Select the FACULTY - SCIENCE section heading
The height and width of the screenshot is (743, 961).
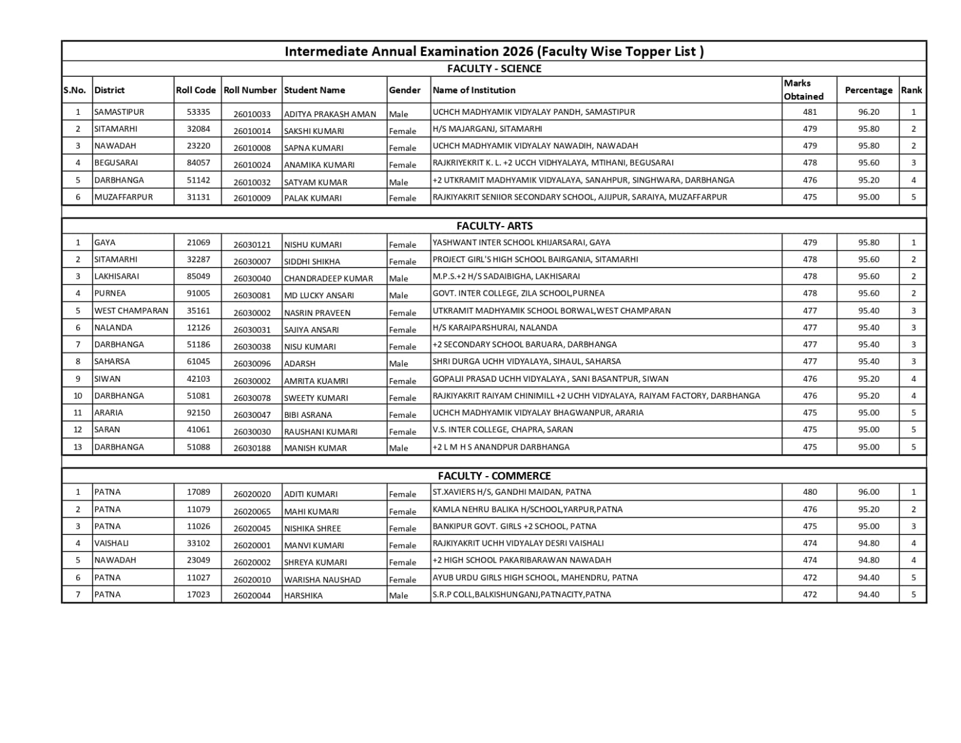(494, 69)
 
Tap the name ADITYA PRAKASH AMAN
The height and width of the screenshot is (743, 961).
(330, 114)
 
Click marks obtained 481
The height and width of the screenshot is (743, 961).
(810, 112)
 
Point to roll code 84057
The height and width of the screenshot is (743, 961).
(198, 162)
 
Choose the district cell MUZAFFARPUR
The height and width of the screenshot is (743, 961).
(124, 197)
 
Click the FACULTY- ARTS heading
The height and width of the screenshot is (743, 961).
(494, 226)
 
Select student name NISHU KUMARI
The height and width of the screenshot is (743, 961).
(312, 245)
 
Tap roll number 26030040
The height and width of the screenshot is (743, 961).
(252, 278)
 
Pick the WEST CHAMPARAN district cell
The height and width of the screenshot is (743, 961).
(131, 310)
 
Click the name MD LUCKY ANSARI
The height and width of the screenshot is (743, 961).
(319, 295)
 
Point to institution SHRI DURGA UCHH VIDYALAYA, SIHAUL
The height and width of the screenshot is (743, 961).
(526, 361)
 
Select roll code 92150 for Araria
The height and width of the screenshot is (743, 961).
(198, 412)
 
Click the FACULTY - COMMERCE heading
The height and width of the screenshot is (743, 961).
(494, 475)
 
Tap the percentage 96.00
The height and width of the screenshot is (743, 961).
(869, 492)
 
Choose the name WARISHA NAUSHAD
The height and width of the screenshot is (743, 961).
(322, 579)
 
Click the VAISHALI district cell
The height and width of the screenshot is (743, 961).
(111, 543)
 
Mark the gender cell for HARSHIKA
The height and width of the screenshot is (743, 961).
(398, 595)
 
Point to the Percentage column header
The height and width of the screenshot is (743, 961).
(868, 90)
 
